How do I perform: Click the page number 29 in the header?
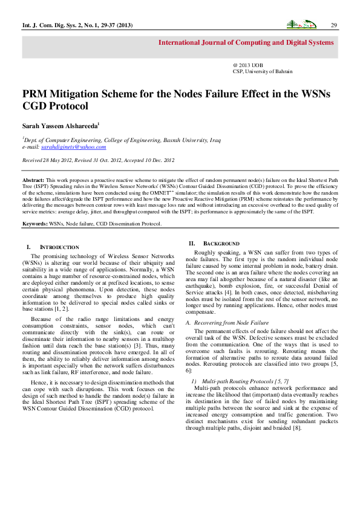point(333,25)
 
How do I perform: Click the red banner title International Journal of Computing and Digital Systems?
point(246,43)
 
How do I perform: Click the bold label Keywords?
point(36,224)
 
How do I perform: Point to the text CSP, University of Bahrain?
point(262,71)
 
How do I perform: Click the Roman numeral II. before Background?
point(192,242)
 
